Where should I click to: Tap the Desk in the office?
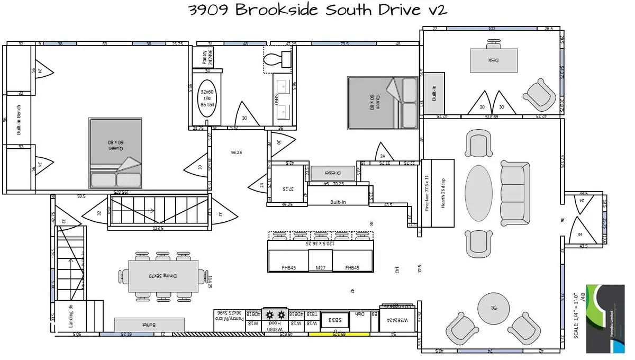[494, 60]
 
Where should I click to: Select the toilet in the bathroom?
[277, 58]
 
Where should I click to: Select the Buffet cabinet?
[150, 325]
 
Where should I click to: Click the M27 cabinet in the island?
[320, 268]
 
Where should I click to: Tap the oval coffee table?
[482, 193]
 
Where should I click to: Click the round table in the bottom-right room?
[494, 308]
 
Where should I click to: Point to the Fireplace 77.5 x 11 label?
[428, 193]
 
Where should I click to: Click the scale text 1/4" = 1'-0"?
[576, 317]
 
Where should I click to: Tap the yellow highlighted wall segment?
[339, 334]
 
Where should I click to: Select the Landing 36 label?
[71, 316]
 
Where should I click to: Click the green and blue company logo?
[609, 318]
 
